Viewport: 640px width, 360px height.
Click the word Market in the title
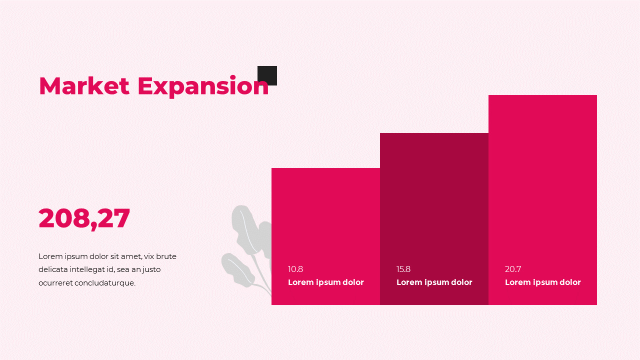pyautogui.click(x=84, y=86)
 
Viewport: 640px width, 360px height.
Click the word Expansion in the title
pyautogui.click(x=203, y=86)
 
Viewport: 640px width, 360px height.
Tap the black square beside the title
pyautogui.click(x=267, y=75)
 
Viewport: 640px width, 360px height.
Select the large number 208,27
pyautogui.click(x=84, y=218)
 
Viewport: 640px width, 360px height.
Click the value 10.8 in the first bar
pyautogui.click(x=295, y=269)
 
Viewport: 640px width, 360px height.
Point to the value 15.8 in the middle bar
pyautogui.click(x=403, y=269)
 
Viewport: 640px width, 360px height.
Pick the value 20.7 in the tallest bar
pyautogui.click(x=513, y=269)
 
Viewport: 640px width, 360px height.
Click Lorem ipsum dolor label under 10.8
pyautogui.click(x=326, y=282)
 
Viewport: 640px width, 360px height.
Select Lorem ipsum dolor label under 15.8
pyautogui.click(x=434, y=282)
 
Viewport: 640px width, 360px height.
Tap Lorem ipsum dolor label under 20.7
pyautogui.click(x=543, y=282)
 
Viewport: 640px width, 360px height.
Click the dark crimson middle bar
pyautogui.click(x=434, y=200)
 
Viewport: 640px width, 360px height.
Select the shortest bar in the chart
pyautogui.click(x=325, y=215)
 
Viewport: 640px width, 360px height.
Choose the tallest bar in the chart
pyautogui.click(x=542, y=175)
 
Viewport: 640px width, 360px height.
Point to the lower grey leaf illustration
pyautogui.click(x=237, y=270)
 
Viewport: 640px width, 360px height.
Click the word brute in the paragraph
pyautogui.click(x=166, y=256)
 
